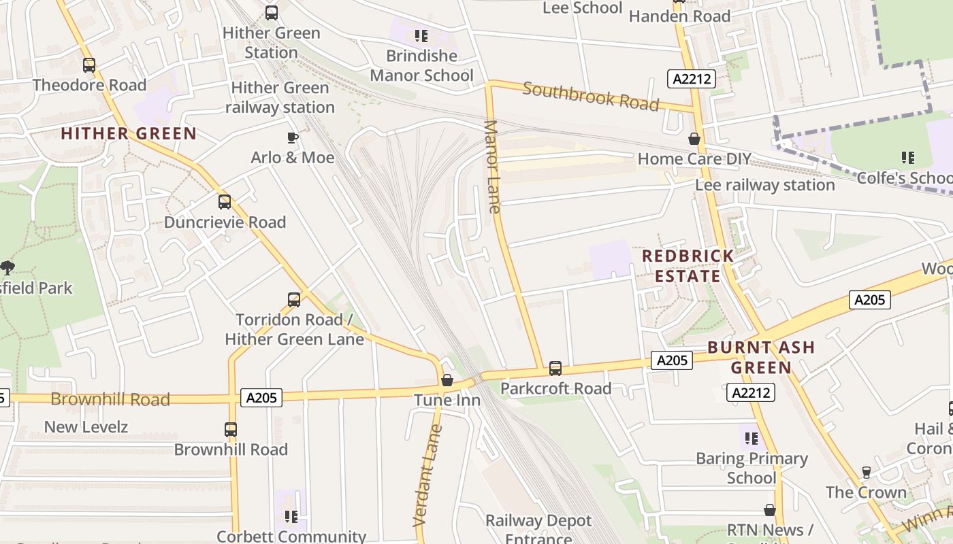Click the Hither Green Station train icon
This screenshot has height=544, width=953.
[x=272, y=12]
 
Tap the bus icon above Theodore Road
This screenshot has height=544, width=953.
[x=89, y=65]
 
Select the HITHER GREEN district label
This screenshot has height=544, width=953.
[x=129, y=133]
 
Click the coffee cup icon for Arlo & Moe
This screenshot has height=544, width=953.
[x=292, y=138]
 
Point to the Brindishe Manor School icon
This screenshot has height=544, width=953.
[x=421, y=35]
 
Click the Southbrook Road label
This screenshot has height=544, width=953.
[x=591, y=96]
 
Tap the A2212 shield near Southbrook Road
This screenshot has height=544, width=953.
[x=692, y=79]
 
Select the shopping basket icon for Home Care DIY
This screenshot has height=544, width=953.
[x=694, y=139]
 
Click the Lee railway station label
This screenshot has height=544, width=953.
[x=764, y=185]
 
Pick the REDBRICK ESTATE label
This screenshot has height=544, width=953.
[x=688, y=266]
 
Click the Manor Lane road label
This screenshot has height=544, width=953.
[x=493, y=167]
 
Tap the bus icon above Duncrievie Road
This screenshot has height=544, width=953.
[x=225, y=202]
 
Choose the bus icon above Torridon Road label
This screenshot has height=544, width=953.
[x=294, y=299]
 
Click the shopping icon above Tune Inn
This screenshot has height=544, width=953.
[x=447, y=380]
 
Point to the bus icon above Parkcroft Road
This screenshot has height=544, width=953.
[x=555, y=369]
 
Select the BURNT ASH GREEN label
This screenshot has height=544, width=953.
[x=760, y=358]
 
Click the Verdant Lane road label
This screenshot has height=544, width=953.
[x=427, y=476]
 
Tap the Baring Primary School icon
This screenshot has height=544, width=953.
[x=751, y=439]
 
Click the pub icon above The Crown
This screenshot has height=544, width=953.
[x=866, y=472]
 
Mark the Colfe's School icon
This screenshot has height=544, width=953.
[x=907, y=158]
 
